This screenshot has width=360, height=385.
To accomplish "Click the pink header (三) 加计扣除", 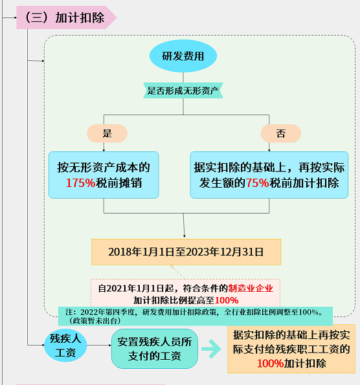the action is pos(66,17).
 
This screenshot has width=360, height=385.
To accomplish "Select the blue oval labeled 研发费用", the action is pos(183,56).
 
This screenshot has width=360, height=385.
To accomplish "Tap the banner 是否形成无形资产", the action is pos(183,91).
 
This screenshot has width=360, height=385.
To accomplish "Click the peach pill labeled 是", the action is pos(107,133).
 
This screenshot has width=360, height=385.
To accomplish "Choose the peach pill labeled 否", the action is pos(281,133).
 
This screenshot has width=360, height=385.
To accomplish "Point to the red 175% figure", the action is pos(80,183).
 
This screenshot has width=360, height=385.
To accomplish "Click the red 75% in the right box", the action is pos(258,183).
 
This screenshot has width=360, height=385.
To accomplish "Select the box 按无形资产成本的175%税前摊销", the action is pos(104,175).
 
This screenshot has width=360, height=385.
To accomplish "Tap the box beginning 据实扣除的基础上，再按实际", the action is pos(269,175).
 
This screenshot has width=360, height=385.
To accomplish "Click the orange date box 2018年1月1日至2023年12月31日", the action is pos(186,252).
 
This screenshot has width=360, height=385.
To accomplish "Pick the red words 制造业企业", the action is pos(251,288).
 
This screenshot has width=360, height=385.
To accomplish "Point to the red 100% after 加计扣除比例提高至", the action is pos(227,300).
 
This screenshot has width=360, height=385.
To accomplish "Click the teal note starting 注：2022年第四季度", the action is pos(196,316).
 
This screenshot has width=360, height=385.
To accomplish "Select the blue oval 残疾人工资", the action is pos(65,346).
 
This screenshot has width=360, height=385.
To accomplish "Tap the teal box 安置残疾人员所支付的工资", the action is pos(155,349).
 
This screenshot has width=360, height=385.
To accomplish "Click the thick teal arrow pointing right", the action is pos(211,349).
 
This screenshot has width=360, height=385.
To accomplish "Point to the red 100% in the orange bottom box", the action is pos(270,364).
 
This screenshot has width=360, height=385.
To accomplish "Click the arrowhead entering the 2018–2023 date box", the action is pos(185,236).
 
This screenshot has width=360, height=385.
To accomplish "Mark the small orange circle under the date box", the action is pos(172,267).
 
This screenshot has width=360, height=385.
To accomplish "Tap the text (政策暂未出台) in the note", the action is pos(95,321).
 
